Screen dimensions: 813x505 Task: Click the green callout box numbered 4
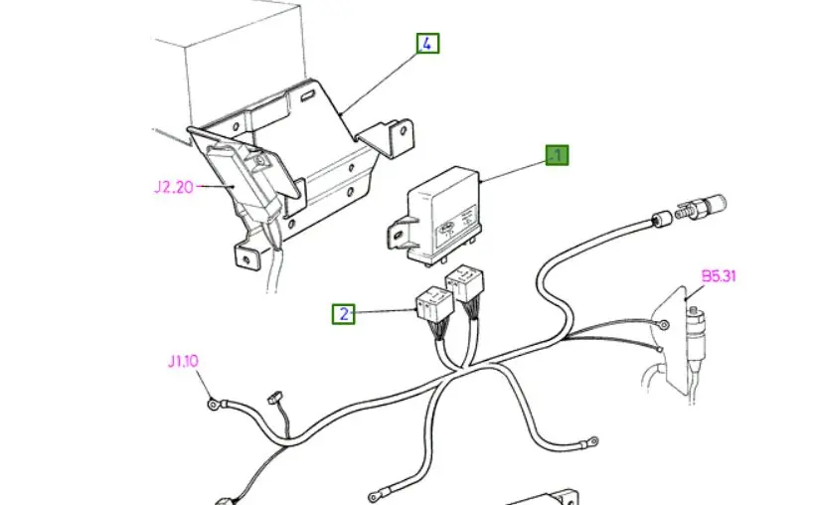click(427, 43)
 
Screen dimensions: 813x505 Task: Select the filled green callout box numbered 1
click(557, 155)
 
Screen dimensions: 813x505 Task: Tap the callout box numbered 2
click(343, 314)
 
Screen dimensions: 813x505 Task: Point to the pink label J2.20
click(173, 187)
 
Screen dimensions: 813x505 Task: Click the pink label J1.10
click(183, 361)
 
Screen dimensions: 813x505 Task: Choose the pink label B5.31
click(719, 275)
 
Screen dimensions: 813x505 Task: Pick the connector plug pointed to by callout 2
click(434, 306)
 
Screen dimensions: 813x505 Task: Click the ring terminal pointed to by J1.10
click(213, 403)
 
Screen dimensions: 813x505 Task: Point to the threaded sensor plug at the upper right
click(702, 208)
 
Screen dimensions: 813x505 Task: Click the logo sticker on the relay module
click(446, 227)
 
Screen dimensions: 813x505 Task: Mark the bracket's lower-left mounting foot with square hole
click(246, 255)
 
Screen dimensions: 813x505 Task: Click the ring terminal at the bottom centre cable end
click(374, 497)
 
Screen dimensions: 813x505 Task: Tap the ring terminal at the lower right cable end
click(592, 441)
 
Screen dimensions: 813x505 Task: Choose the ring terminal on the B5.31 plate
click(663, 325)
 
